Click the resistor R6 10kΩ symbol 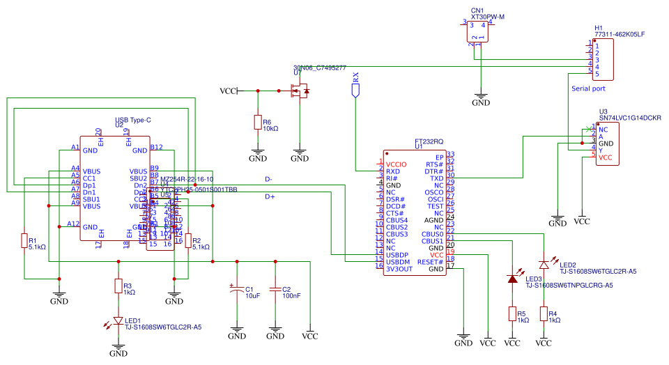click(258, 123)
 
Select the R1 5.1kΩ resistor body click(24, 241)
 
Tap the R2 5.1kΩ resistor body click(187, 240)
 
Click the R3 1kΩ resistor click(118, 286)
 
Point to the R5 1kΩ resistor click(512, 314)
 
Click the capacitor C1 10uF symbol click(237, 289)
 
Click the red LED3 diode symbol click(512, 279)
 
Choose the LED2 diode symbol click(544, 264)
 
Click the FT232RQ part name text click(428, 141)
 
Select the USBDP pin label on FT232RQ click(397, 255)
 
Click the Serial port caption click(588, 88)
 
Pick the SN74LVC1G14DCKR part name click(630, 118)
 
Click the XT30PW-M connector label click(488, 15)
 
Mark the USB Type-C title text click(133, 120)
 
